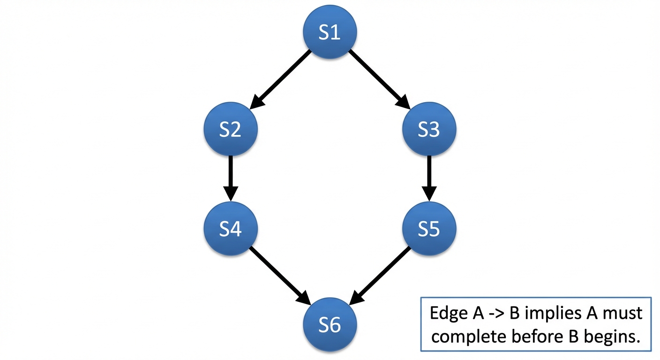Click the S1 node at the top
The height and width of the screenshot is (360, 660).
(330, 32)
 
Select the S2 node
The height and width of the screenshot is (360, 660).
(230, 129)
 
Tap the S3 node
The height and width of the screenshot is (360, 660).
(429, 129)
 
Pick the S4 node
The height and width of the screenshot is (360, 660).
(230, 229)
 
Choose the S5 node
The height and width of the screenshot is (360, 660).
(429, 229)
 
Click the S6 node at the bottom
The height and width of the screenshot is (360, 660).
(330, 324)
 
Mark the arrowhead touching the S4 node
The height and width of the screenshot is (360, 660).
(230, 193)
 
